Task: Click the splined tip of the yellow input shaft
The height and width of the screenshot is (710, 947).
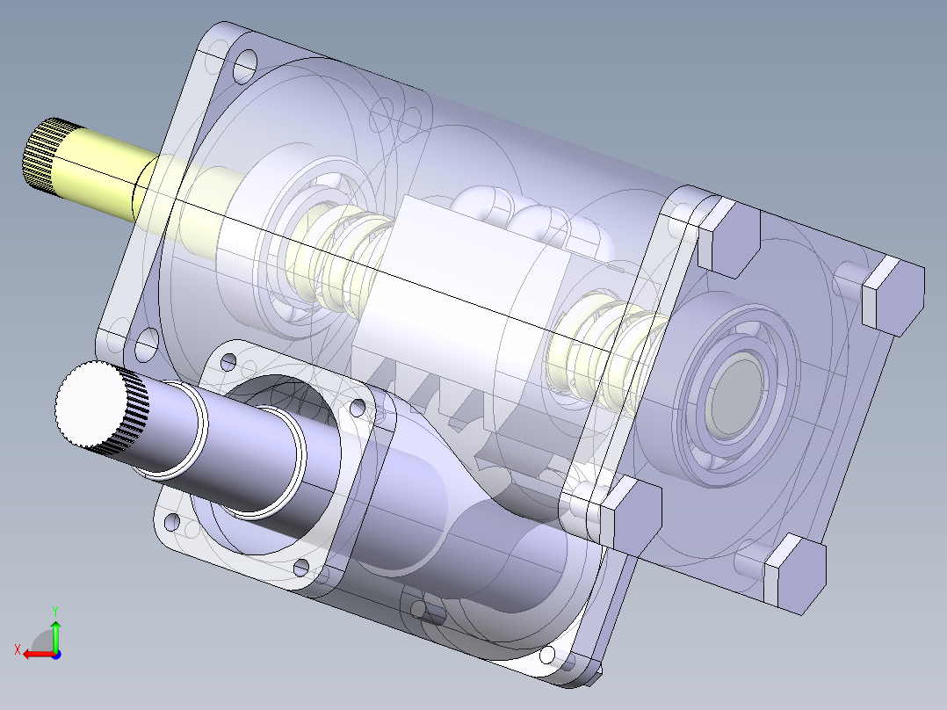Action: [x=40, y=156]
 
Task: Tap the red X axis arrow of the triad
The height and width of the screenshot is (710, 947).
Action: [x=35, y=653]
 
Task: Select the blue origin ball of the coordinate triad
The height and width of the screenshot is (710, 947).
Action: [x=55, y=654]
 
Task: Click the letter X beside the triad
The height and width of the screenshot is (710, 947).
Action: [x=17, y=649]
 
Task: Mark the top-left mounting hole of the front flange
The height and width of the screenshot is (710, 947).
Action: [x=242, y=63]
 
